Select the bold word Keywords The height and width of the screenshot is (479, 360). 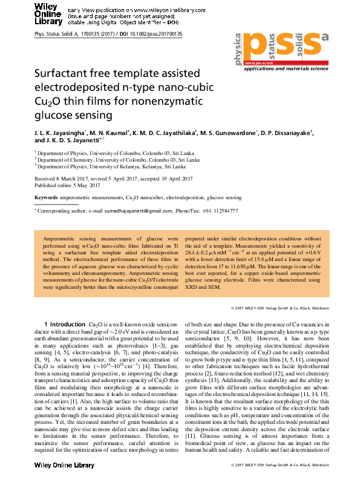46,198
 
